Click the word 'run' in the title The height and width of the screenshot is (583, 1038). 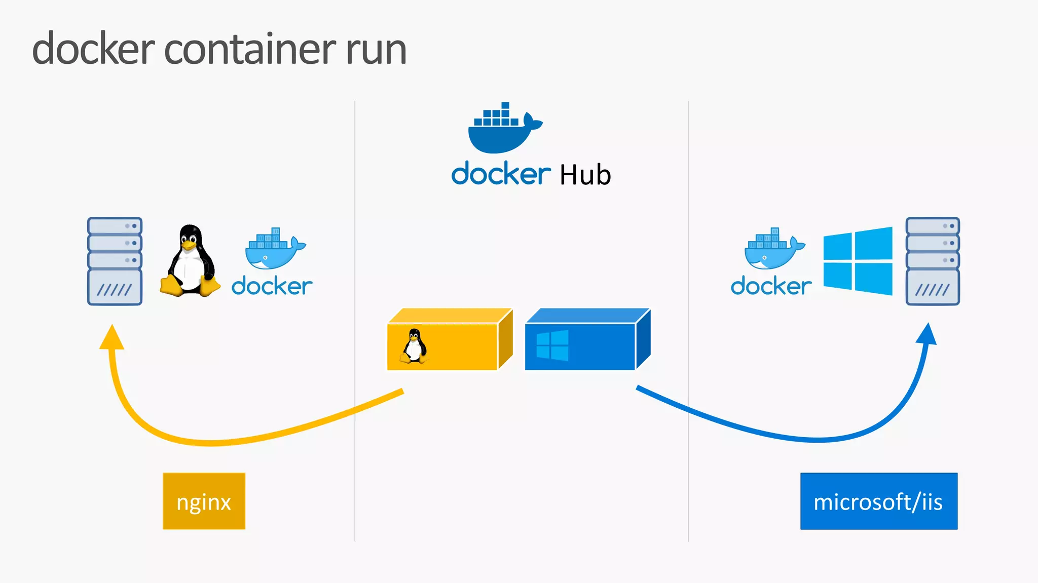click(376, 51)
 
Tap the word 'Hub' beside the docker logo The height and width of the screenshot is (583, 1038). click(585, 175)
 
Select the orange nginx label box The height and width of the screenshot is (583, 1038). click(204, 501)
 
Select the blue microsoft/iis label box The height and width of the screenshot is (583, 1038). click(878, 501)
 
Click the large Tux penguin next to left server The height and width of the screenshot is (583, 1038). click(190, 261)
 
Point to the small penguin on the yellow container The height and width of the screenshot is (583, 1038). click(415, 346)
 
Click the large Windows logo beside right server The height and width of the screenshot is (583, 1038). click(858, 261)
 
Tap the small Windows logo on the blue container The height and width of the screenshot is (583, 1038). click(552, 345)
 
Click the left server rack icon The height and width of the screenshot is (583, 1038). click(115, 261)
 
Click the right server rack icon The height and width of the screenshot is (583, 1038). click(932, 261)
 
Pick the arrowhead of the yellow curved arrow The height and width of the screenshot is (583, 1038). click(112, 337)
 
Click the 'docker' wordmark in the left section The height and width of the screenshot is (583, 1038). click(272, 286)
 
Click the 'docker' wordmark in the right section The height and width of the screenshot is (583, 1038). click(771, 286)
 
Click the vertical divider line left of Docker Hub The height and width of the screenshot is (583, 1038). click(355, 304)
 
